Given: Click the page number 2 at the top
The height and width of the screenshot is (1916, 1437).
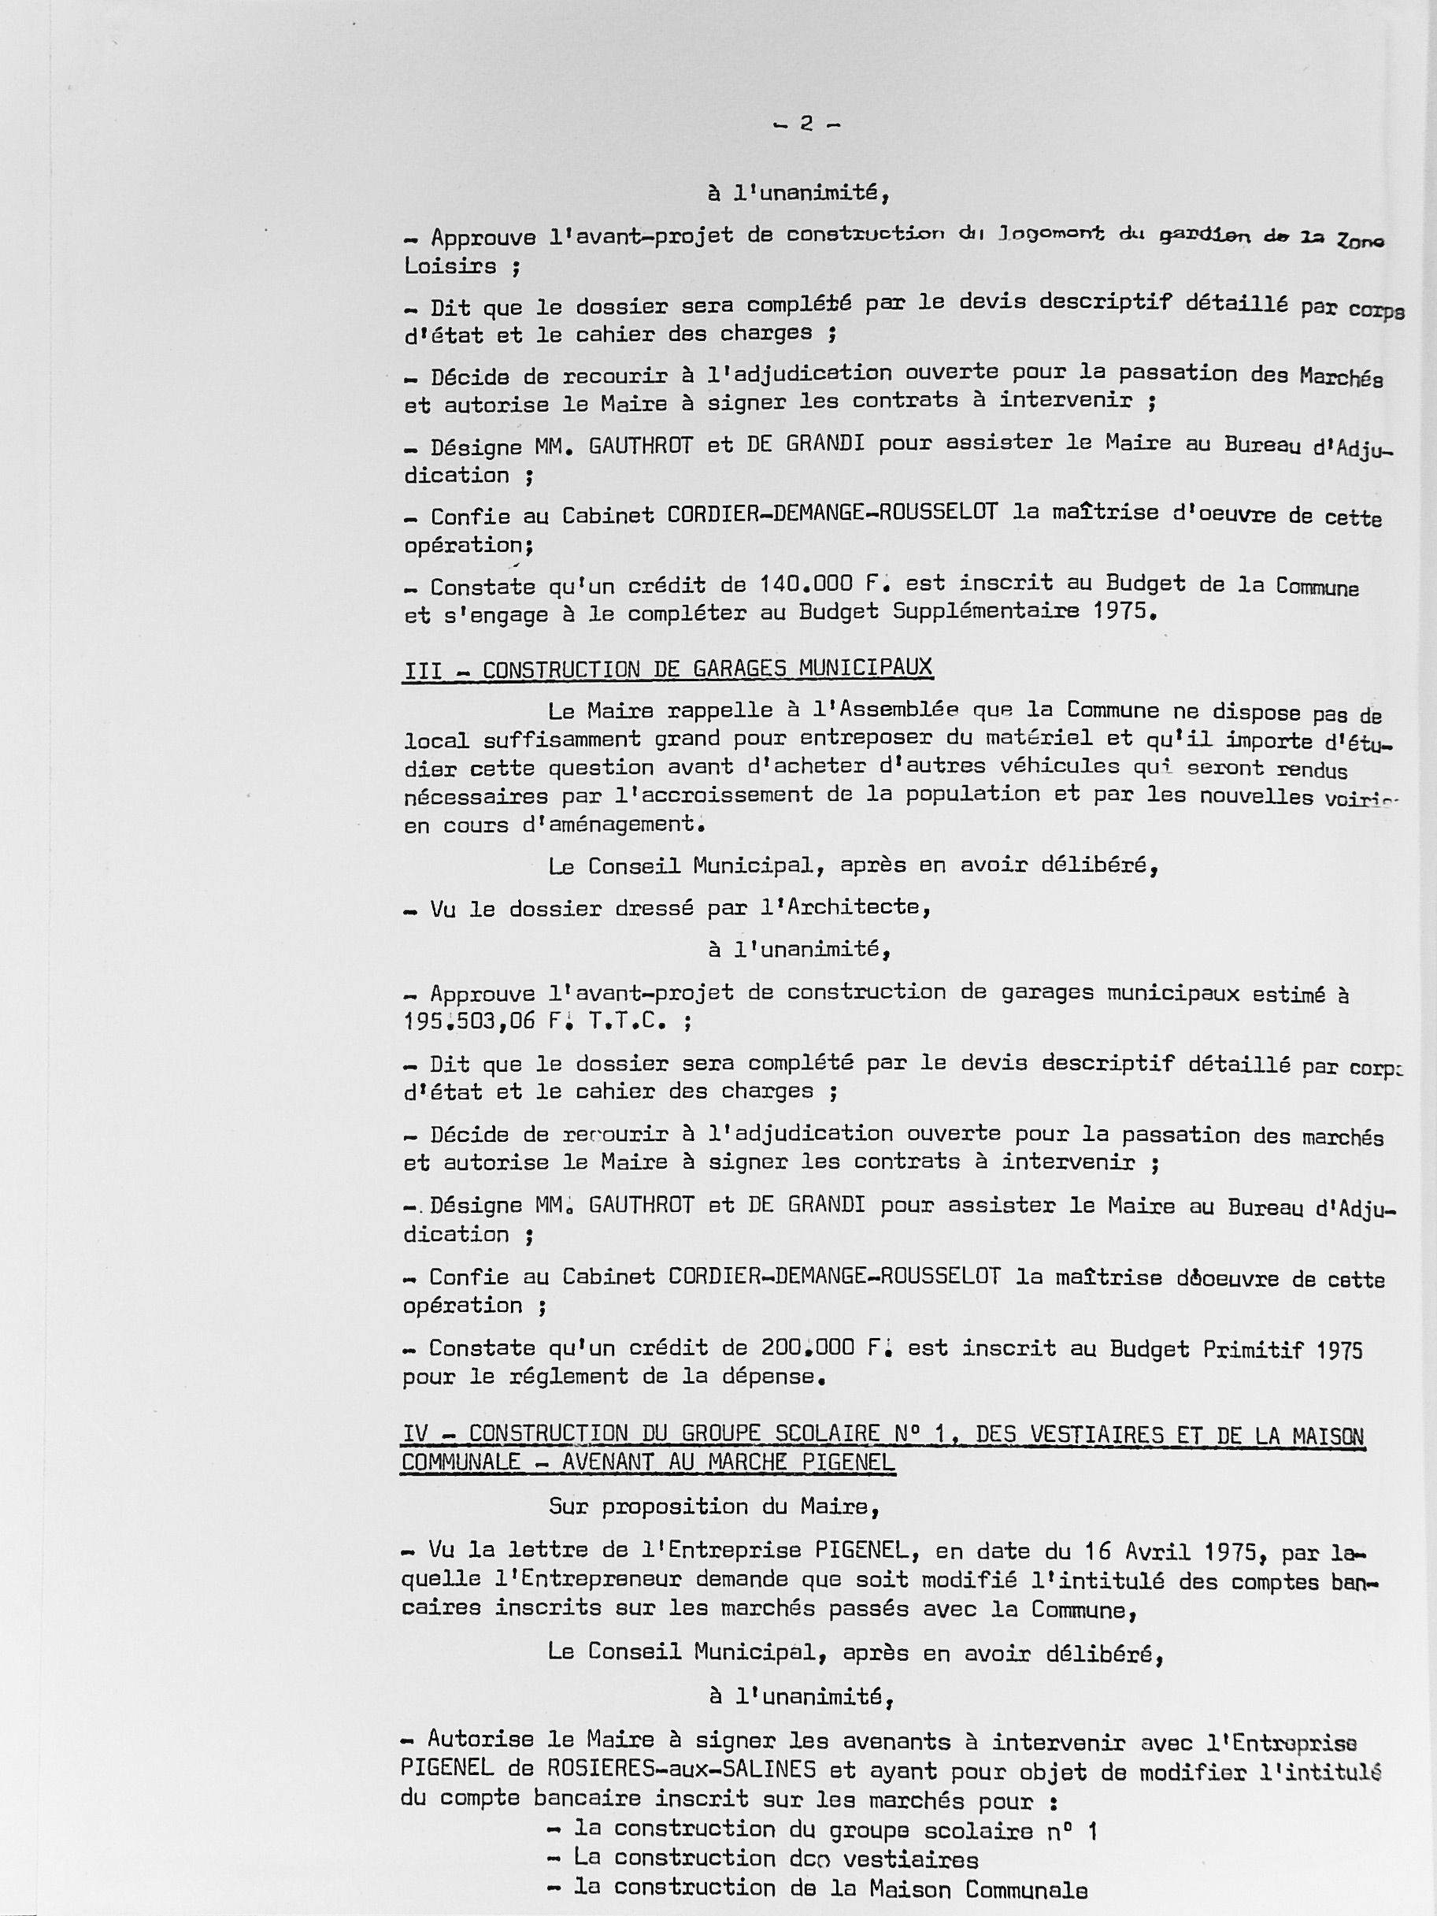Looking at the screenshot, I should (x=806, y=124).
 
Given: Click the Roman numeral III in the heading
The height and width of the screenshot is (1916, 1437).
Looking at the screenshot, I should (x=424, y=669).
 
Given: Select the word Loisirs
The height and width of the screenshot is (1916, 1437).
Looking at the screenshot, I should (x=450, y=266).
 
